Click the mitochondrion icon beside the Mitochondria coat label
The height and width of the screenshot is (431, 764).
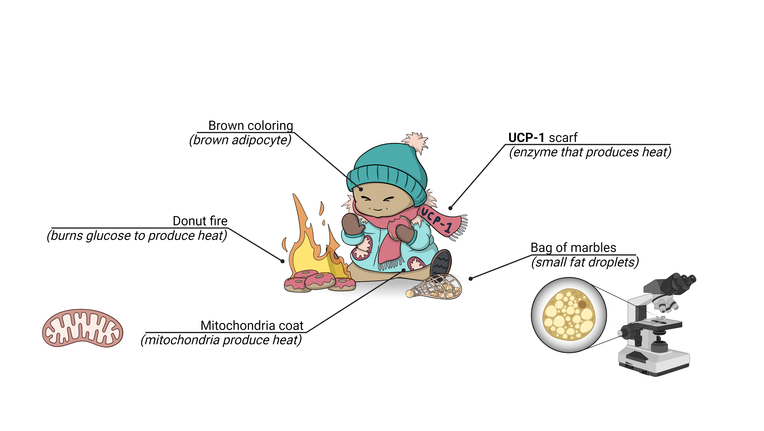[82, 328]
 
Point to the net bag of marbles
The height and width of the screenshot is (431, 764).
[436, 287]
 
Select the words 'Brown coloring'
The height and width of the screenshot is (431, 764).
[251, 126]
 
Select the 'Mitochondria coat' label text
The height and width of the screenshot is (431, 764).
[252, 326]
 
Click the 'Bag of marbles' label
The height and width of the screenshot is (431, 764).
[573, 248]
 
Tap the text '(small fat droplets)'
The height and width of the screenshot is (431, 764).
[585, 262]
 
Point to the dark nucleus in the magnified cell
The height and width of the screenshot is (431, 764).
[582, 304]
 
